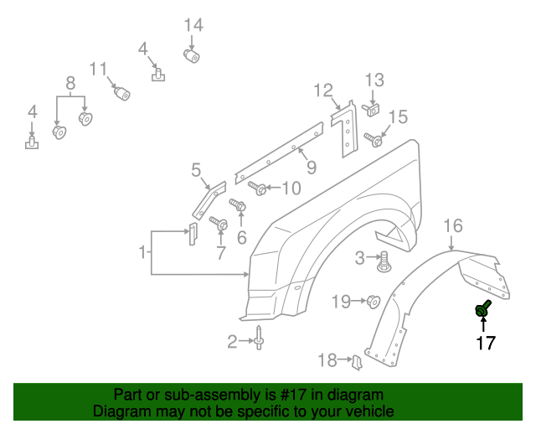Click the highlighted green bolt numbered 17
(483, 310)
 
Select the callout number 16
(452, 225)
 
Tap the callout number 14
(193, 24)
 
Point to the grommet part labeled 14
(193, 56)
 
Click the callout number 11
(99, 69)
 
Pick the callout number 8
(70, 83)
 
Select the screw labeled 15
(375, 141)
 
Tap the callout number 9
(311, 168)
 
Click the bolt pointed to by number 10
(260, 188)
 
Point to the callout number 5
(195, 171)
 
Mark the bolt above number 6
(238, 204)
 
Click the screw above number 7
(220, 224)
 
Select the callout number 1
(144, 251)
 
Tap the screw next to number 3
(384, 262)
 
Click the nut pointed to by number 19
(374, 301)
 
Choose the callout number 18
(327, 360)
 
